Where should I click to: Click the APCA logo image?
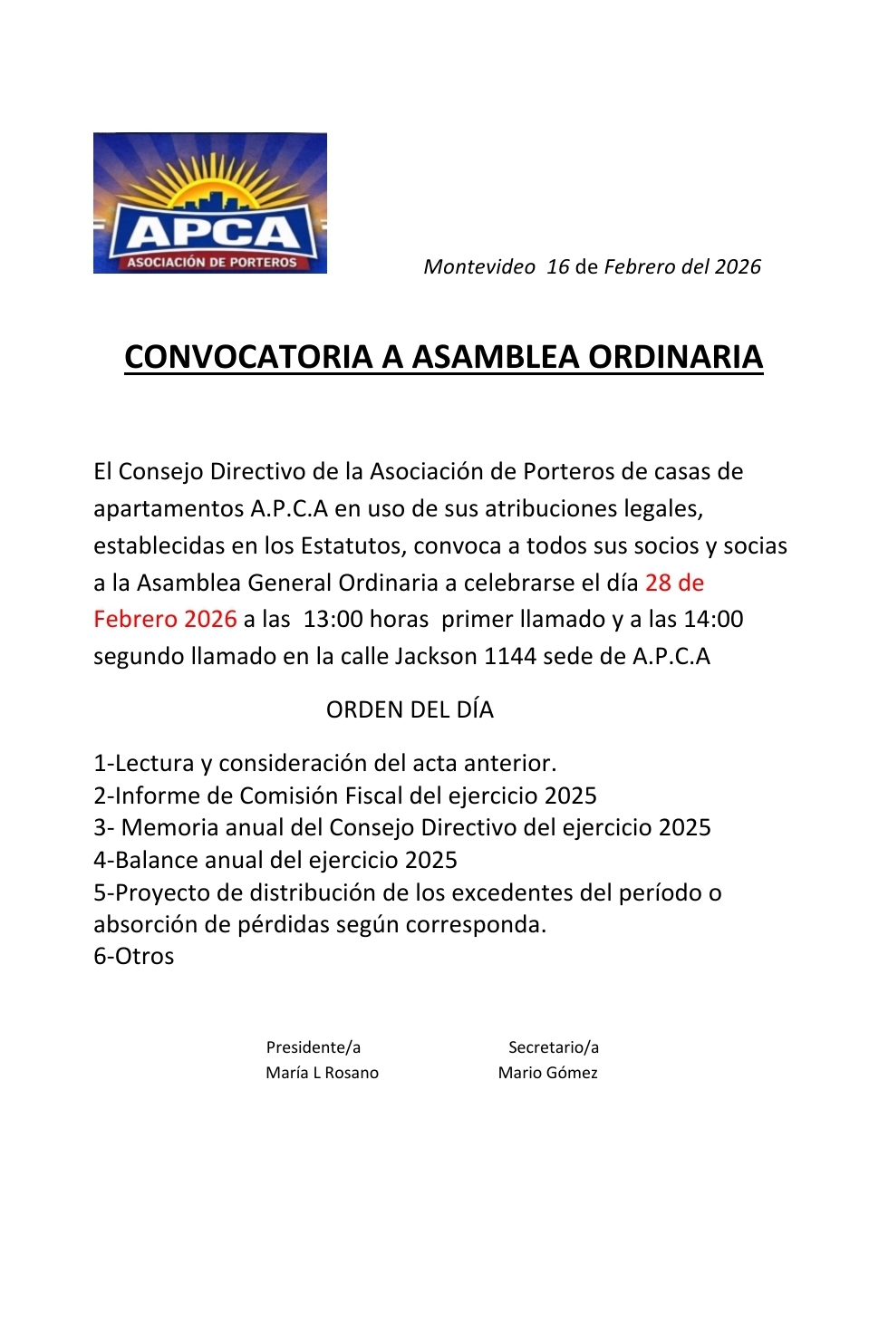pyautogui.click(x=209, y=203)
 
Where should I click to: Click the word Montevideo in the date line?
pyautogui.click(x=479, y=266)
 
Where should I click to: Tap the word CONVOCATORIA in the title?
pyautogui.click(x=247, y=357)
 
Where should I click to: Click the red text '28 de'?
pyautogui.click(x=674, y=583)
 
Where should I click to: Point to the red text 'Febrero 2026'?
pyautogui.click(x=165, y=620)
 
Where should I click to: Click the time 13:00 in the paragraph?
pyautogui.click(x=333, y=620)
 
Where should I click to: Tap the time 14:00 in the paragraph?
pyautogui.click(x=713, y=620)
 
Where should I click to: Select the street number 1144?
pyautogui.click(x=510, y=656)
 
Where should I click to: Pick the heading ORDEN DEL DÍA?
pyautogui.click(x=410, y=709)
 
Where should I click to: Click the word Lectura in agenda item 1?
pyautogui.click(x=154, y=764)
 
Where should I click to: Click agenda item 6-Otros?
pyautogui.click(x=134, y=957)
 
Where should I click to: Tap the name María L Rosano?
pyautogui.click(x=322, y=1073)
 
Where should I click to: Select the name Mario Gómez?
pyautogui.click(x=547, y=1073)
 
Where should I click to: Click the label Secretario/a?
pyautogui.click(x=553, y=1047)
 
